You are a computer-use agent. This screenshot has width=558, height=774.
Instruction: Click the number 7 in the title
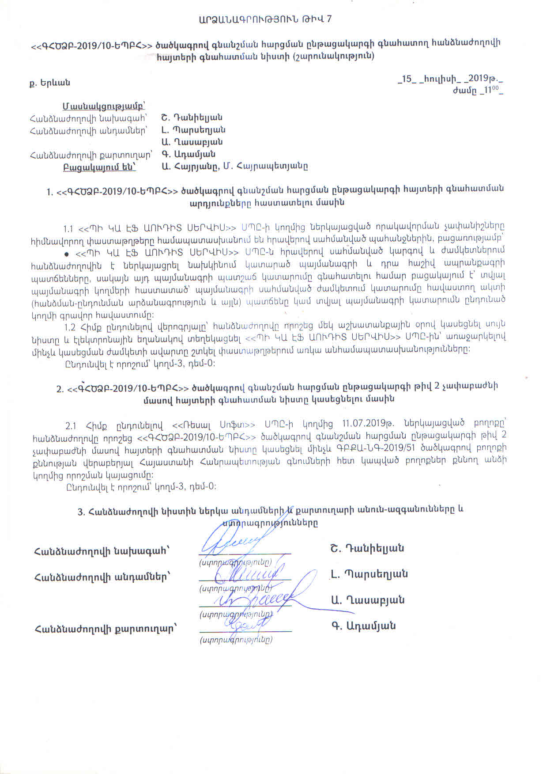(x=328, y=19)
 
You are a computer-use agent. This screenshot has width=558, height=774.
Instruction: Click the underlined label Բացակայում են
(x=99, y=167)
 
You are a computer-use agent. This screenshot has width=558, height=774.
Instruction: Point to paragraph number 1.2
(x=70, y=327)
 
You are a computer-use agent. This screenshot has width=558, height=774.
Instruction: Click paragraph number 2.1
(x=71, y=426)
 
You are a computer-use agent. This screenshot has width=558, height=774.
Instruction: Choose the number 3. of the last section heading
(x=81, y=512)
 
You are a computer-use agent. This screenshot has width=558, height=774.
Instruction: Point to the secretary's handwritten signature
(x=245, y=624)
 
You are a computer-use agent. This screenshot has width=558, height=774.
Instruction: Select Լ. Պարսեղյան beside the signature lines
(x=369, y=574)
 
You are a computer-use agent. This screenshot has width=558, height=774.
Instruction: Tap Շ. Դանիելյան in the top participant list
(x=192, y=118)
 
